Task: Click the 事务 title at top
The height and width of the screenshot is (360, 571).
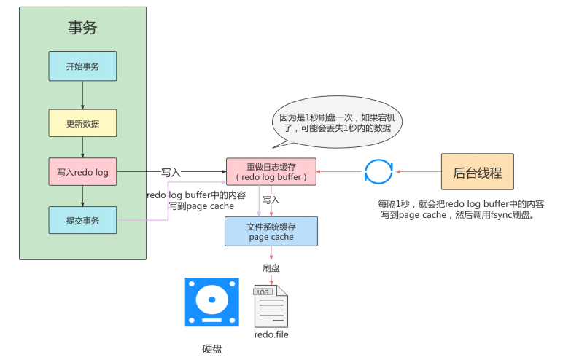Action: (x=82, y=28)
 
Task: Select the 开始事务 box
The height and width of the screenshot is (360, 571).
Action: (x=82, y=66)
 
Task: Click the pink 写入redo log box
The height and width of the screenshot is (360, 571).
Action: (x=82, y=172)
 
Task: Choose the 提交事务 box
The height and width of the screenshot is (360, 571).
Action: (x=82, y=220)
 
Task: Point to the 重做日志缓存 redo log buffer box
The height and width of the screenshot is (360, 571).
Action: (x=271, y=172)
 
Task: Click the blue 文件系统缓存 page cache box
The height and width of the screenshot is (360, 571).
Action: (x=271, y=231)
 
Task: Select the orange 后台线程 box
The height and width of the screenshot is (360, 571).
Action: (x=477, y=172)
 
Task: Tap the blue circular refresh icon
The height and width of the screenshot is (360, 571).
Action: (x=378, y=173)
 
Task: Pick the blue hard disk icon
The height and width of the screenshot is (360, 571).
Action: (x=211, y=302)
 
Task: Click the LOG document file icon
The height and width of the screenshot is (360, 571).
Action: (x=270, y=306)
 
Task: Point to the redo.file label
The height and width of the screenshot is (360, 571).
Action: (x=271, y=334)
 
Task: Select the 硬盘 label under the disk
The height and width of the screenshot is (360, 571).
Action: (x=211, y=348)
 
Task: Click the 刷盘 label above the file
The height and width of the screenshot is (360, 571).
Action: (x=271, y=267)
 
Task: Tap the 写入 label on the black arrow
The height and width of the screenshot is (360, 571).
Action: (x=171, y=173)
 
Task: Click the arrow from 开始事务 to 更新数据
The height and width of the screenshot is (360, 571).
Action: (x=82, y=95)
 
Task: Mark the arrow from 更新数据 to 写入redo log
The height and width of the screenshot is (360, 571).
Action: (x=82, y=147)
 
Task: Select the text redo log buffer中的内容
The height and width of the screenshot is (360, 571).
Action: (x=195, y=195)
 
